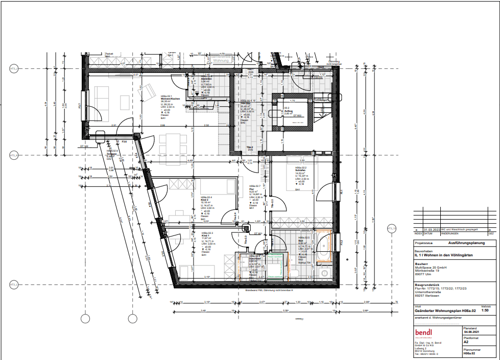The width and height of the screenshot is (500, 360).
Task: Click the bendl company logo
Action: click(x=424, y=332)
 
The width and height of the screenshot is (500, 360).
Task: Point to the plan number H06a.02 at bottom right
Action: click(x=471, y=353)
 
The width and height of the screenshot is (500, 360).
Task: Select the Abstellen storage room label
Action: click(x=206, y=79)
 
